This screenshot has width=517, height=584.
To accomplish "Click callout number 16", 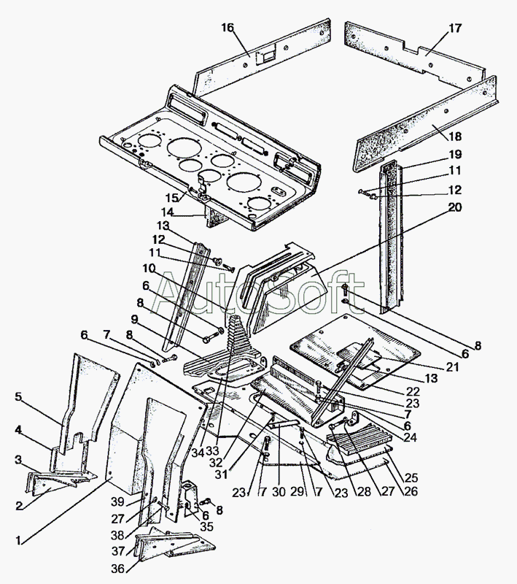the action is click(x=228, y=28).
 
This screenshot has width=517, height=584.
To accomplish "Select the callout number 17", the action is click(x=455, y=28).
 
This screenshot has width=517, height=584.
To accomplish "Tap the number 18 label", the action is click(x=454, y=137).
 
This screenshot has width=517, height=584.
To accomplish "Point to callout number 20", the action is click(x=454, y=207).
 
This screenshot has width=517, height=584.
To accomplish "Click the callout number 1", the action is click(x=18, y=540).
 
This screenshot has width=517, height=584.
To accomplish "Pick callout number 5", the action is click(x=19, y=397).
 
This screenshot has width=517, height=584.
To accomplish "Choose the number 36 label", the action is click(x=117, y=569).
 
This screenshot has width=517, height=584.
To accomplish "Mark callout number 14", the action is click(x=168, y=212).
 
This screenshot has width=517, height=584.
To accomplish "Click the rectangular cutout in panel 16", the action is click(x=267, y=56).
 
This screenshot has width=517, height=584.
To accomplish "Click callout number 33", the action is click(x=212, y=451).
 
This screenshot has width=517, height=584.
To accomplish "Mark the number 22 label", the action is click(x=413, y=391).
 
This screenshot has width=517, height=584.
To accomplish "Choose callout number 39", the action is click(x=117, y=502).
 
